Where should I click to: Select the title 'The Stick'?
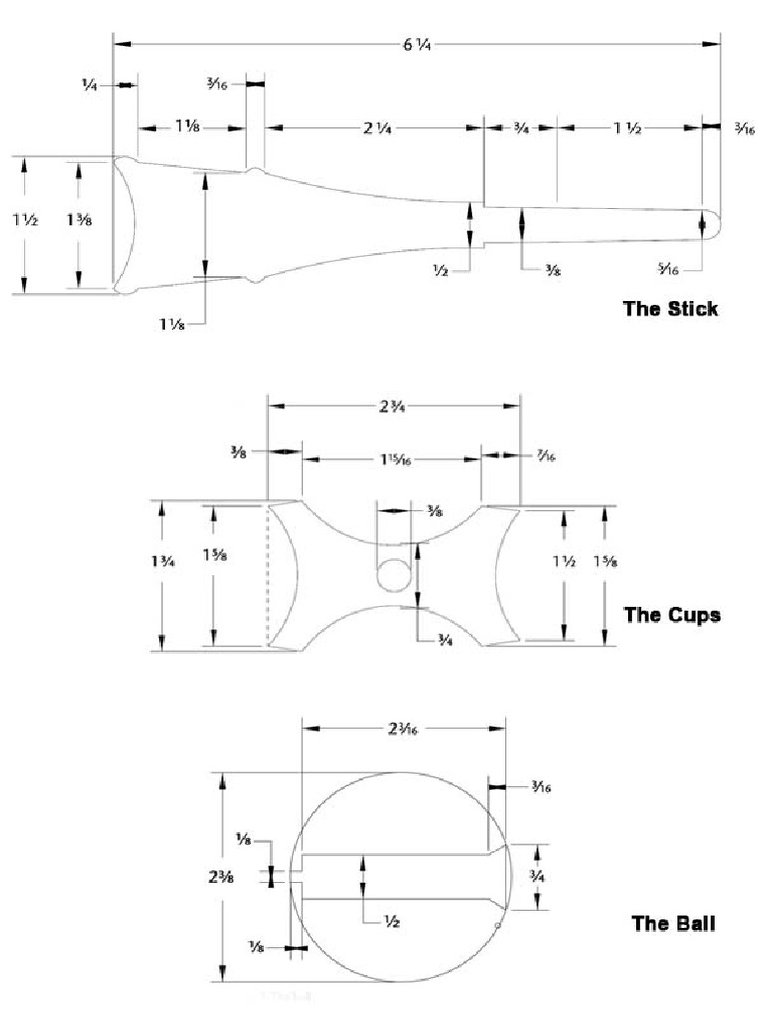670,308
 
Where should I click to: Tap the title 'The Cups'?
671,614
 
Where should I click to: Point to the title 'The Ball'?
673,923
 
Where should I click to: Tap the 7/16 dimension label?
545,457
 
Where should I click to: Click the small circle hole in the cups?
393,574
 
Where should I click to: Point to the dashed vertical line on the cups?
267,576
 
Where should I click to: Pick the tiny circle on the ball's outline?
496,926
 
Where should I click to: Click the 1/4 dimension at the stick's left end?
90,85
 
